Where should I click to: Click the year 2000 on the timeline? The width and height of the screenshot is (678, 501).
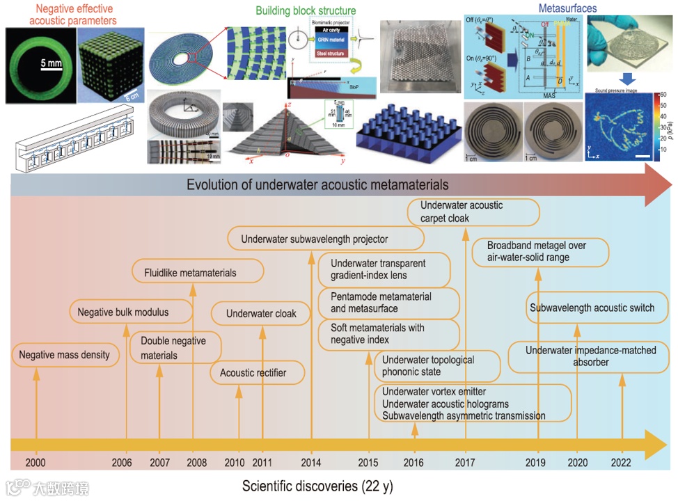pos(35,463)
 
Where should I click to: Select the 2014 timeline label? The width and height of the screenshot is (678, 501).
pos(311,463)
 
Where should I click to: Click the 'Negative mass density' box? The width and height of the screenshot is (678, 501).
pos(65,355)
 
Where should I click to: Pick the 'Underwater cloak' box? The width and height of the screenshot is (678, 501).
pos(261,314)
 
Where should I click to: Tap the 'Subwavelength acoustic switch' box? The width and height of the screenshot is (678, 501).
pos(592,308)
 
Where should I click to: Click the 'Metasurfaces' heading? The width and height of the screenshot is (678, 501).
pos(568,9)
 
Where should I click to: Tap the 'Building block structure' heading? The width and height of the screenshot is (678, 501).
pos(306,11)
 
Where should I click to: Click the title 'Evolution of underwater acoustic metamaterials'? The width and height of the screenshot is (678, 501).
pos(317,185)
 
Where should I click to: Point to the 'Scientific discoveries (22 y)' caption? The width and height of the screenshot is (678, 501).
pos(318,486)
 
